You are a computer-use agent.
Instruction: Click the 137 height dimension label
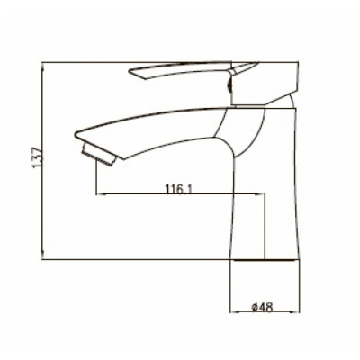pos(38,157)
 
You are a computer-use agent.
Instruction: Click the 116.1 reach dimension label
pos(178,189)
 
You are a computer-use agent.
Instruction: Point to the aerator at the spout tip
pos(99,155)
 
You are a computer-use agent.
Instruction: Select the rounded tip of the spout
pos(76,135)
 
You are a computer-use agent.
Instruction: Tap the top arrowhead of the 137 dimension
pos(43,67)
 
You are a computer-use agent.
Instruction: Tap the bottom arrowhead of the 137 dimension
pos(44,254)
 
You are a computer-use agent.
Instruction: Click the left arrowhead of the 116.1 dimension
pos(100,194)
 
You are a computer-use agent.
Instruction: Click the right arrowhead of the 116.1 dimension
pos(260,194)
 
